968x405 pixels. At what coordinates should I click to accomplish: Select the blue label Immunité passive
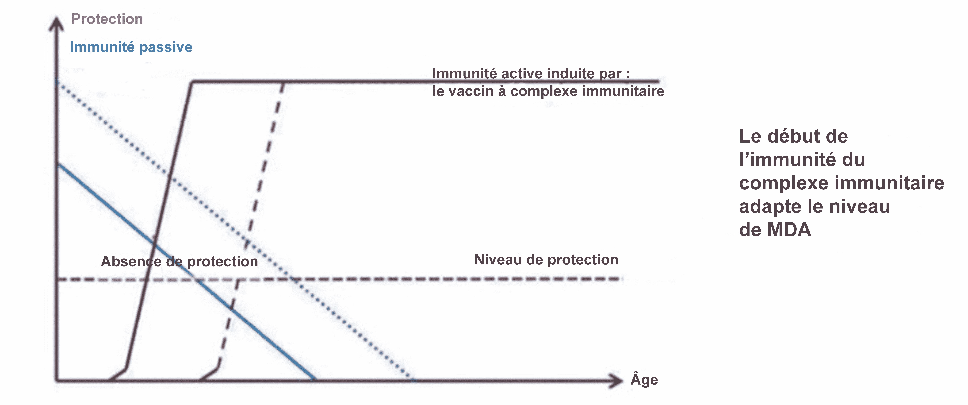click(x=131, y=47)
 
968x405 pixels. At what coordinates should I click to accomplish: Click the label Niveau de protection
click(x=546, y=260)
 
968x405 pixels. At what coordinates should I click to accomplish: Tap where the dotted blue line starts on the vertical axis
click(x=57, y=81)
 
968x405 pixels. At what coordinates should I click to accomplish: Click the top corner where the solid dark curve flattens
click(x=192, y=81)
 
